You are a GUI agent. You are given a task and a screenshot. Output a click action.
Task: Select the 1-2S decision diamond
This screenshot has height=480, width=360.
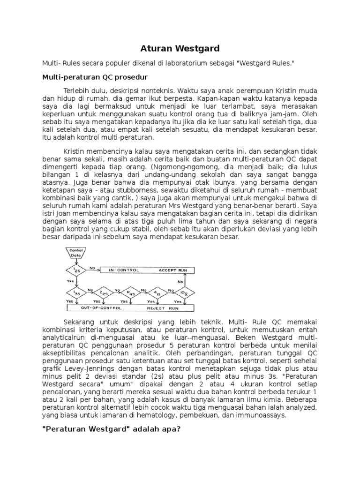(x=76, y=271)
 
